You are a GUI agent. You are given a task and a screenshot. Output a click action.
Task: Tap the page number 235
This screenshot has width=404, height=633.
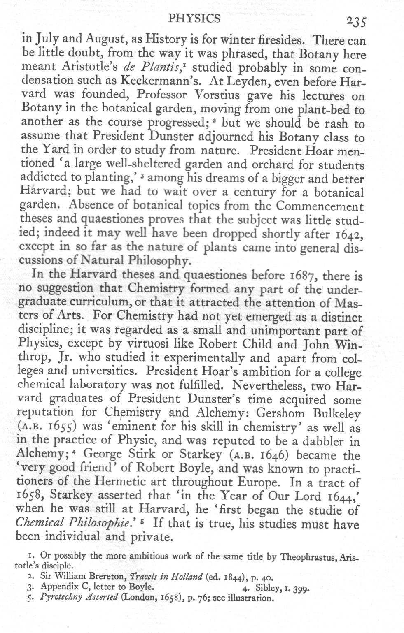(x=357, y=21)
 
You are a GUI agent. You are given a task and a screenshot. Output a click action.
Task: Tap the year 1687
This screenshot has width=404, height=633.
(x=298, y=275)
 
